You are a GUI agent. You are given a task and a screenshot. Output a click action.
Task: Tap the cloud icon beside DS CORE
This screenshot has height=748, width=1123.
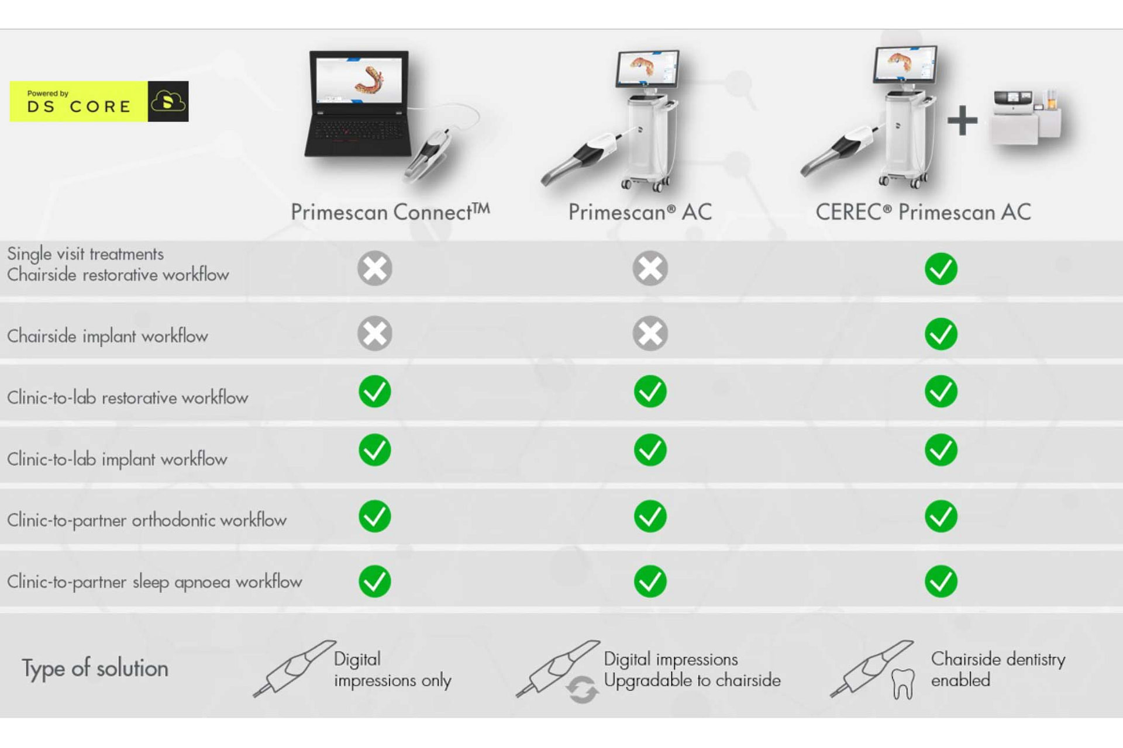168,102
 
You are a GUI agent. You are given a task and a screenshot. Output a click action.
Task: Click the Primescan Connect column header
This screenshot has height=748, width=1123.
390,212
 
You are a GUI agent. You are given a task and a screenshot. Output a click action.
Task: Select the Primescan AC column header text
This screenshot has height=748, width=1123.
640,212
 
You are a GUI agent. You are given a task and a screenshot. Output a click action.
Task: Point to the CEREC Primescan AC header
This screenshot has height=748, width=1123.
923,212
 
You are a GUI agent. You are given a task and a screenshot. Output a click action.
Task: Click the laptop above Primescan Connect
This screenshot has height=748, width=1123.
358,105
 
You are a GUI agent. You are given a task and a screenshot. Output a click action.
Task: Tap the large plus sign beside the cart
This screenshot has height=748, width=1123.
962,120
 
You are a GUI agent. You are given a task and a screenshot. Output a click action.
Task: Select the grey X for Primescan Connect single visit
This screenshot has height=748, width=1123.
375,268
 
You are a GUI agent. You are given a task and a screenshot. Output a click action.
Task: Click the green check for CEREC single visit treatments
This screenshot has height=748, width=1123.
941,269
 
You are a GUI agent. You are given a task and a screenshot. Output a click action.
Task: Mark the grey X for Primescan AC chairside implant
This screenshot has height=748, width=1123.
650,334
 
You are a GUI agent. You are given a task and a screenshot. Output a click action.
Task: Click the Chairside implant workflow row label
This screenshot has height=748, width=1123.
108,336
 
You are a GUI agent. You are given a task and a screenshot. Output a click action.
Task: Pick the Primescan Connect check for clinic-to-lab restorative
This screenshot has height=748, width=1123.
375,392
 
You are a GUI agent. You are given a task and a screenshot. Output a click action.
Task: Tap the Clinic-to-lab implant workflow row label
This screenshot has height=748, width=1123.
117,459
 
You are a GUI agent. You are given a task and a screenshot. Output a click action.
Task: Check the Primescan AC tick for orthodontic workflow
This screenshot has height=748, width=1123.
650,516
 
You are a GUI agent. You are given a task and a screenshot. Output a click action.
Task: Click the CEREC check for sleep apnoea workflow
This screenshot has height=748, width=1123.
941,581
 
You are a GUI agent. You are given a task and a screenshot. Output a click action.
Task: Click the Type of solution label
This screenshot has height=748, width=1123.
95,668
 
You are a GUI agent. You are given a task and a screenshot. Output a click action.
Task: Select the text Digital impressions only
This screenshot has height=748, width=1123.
392,670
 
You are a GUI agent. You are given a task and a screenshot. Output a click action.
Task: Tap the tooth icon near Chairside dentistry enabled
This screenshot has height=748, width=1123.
902,684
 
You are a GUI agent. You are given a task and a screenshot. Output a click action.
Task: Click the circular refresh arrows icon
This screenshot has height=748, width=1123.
582,689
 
